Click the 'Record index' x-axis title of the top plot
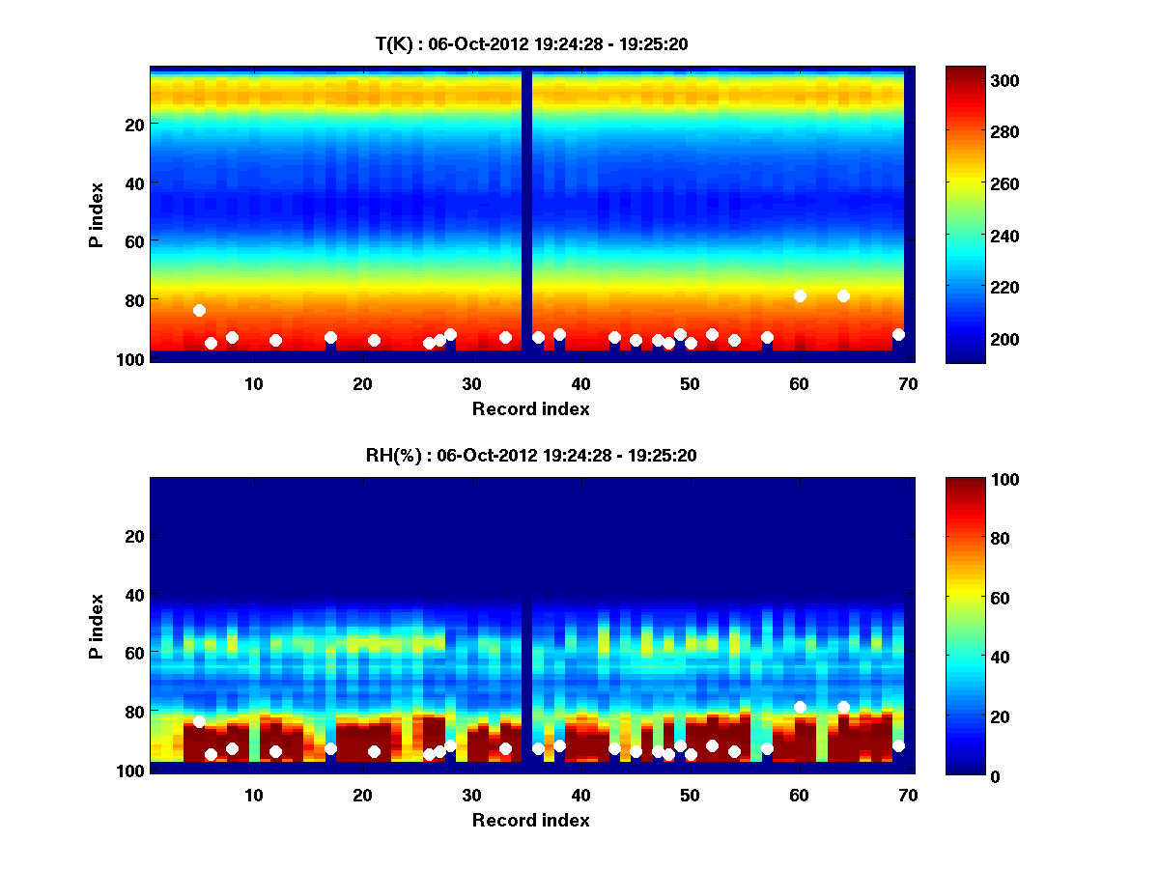[530, 408]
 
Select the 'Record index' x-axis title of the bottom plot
[530, 820]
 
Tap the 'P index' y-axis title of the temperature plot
[97, 214]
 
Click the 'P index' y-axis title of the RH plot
[97, 626]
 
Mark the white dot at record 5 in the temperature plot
[199, 310]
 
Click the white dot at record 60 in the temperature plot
[800, 295]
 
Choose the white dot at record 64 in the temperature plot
[843, 295]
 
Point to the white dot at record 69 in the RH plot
[898, 745]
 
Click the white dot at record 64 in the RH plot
[843, 707]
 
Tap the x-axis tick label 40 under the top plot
[581, 383]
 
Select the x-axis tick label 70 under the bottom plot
[908, 795]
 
